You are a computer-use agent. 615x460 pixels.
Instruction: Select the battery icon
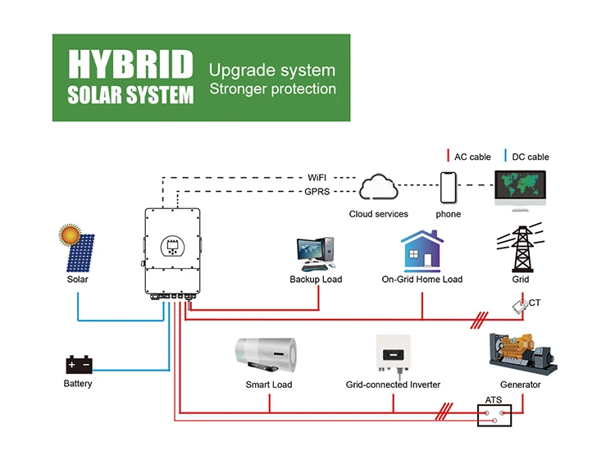point(79,364)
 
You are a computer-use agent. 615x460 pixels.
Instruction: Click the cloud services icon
point(378,187)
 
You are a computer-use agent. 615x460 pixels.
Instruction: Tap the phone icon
point(448,188)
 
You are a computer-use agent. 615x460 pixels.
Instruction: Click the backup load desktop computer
point(317,253)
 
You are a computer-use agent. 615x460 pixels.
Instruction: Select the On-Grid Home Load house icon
point(421,251)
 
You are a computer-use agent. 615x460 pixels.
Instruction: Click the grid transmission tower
point(521,245)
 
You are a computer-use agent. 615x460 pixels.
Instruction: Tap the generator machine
point(520,353)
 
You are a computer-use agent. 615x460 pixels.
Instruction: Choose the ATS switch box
point(494,415)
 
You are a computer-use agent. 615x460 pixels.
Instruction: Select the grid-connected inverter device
point(393,354)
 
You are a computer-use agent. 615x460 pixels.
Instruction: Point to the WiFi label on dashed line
point(317,177)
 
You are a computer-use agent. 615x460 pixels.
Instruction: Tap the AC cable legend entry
point(467,157)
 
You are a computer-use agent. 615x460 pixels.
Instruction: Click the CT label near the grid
point(535,303)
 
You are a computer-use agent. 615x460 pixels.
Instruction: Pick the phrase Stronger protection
point(272,89)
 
